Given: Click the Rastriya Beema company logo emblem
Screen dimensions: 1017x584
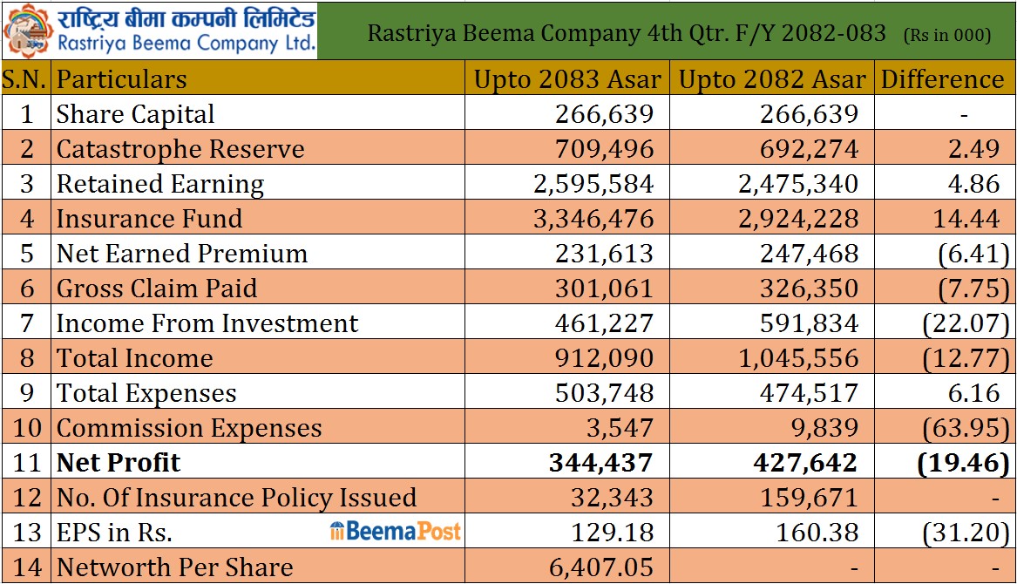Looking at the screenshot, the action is pyautogui.click(x=28, y=31).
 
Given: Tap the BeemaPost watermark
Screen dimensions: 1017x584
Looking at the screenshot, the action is pyautogui.click(x=395, y=531).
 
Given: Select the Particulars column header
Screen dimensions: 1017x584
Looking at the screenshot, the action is pyautogui.click(x=121, y=79).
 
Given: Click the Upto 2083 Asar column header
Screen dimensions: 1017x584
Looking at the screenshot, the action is pyautogui.click(x=567, y=79).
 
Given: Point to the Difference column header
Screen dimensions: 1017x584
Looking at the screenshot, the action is pyautogui.click(x=942, y=79).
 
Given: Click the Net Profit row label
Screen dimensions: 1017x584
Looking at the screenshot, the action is pyautogui.click(x=118, y=463).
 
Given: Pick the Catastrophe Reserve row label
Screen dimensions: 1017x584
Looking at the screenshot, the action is pyautogui.click(x=180, y=149).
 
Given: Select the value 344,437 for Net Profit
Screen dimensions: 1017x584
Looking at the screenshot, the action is pyautogui.click(x=600, y=463).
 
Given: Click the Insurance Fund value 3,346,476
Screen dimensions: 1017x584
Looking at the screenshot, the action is pyautogui.click(x=593, y=219).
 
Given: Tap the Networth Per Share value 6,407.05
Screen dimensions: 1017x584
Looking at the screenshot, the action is pyautogui.click(x=600, y=567).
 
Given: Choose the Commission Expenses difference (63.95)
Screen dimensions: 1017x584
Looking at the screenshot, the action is pyautogui.click(x=966, y=428).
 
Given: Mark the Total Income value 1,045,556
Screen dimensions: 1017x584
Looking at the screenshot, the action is pyautogui.click(x=798, y=358).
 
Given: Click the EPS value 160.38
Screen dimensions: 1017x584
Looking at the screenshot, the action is pyautogui.click(x=817, y=533).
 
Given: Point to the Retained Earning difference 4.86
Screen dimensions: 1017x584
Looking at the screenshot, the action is pyautogui.click(x=973, y=184).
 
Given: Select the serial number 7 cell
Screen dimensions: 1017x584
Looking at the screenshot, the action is pyautogui.click(x=27, y=323).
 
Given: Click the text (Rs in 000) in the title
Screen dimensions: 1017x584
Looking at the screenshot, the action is pyautogui.click(x=947, y=35).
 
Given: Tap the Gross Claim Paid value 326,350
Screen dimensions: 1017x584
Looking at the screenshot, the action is pyautogui.click(x=809, y=289).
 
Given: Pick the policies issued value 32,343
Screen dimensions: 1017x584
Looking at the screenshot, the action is pyautogui.click(x=612, y=498).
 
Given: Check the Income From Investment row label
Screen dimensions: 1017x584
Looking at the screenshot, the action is pyautogui.click(x=207, y=323).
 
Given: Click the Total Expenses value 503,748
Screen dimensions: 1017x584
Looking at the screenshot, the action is pyautogui.click(x=604, y=393).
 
